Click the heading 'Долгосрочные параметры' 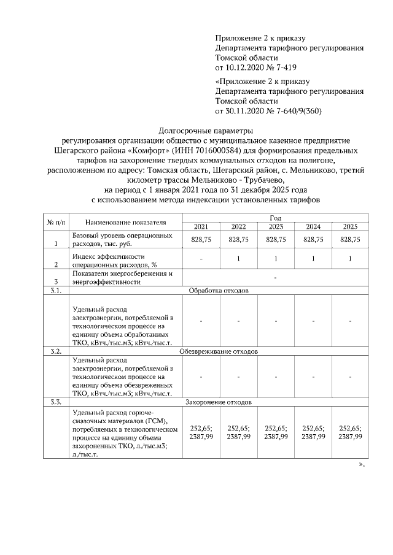click(x=206, y=130)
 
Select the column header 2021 click(x=201, y=227)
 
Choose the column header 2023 click(x=276, y=227)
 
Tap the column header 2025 click(x=350, y=227)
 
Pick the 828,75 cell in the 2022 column click(x=238, y=240)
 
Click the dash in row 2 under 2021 click(x=201, y=260)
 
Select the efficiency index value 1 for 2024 click(x=313, y=260)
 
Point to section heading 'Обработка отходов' click(x=218, y=291)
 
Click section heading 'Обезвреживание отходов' click(x=218, y=352)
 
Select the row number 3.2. click(x=56, y=352)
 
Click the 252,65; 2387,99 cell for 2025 click(x=350, y=432)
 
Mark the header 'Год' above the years click(x=276, y=218)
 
